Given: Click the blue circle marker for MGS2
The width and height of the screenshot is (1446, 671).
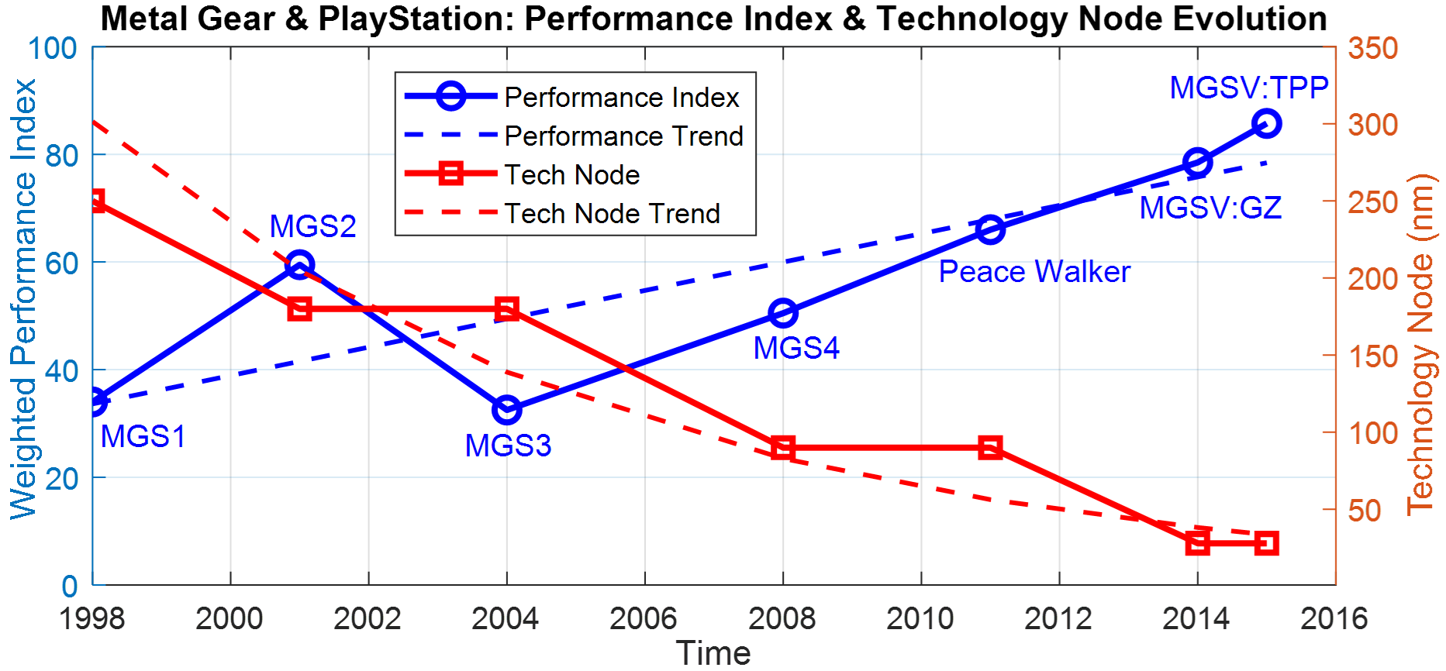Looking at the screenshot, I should (299, 265).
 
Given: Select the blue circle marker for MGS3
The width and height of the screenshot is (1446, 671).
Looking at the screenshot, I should (507, 410).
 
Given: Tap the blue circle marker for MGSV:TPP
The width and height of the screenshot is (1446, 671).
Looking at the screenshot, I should (1267, 123).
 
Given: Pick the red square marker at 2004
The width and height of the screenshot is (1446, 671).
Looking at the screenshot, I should (507, 309).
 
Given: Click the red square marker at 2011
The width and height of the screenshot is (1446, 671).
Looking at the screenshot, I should (990, 448).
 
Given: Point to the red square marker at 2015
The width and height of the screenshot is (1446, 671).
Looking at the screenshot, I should (1267, 543).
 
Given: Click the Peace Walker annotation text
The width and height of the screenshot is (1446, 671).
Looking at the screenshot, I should (1034, 272).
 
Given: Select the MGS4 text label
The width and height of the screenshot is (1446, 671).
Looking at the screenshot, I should (796, 348).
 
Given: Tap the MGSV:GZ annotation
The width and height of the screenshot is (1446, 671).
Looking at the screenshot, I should (1210, 208).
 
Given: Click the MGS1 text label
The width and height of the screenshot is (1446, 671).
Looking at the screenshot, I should (143, 436).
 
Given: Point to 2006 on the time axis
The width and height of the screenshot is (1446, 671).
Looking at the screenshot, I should (644, 618).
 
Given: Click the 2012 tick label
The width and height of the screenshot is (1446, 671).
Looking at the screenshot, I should (1058, 618).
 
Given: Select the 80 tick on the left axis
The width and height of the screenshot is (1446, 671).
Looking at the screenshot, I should (61, 156).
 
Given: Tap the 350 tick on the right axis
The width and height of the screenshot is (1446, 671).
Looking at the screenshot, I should (1372, 48).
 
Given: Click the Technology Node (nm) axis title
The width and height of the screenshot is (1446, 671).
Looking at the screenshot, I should (1421, 344).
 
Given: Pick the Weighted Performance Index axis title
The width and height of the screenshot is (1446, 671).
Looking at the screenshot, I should (23, 299).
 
